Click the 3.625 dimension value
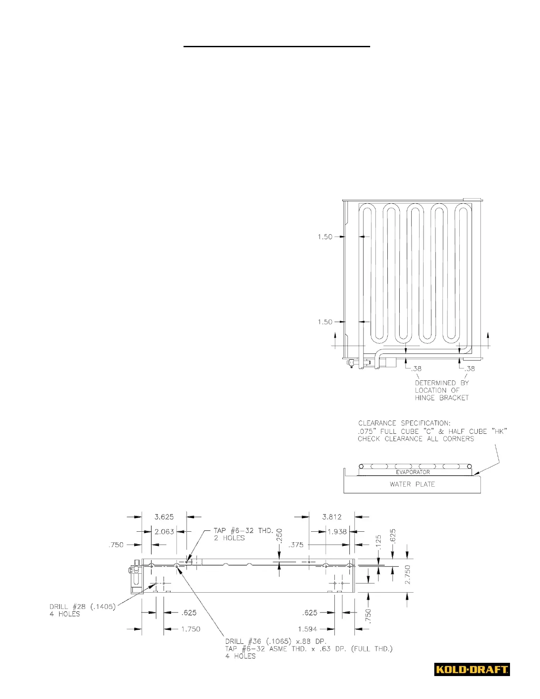point(164,517)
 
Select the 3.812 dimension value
point(332,517)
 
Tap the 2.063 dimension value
point(164,532)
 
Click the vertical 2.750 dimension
point(407,575)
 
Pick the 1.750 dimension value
point(191,629)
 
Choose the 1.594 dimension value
point(307,629)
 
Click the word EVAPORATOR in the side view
point(412,472)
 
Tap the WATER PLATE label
point(412,484)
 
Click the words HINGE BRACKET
point(442,398)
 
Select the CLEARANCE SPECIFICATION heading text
point(404,423)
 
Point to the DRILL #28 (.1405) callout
point(82,607)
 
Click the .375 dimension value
point(296,545)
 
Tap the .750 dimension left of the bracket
point(116,545)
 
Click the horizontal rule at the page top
point(277,46)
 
